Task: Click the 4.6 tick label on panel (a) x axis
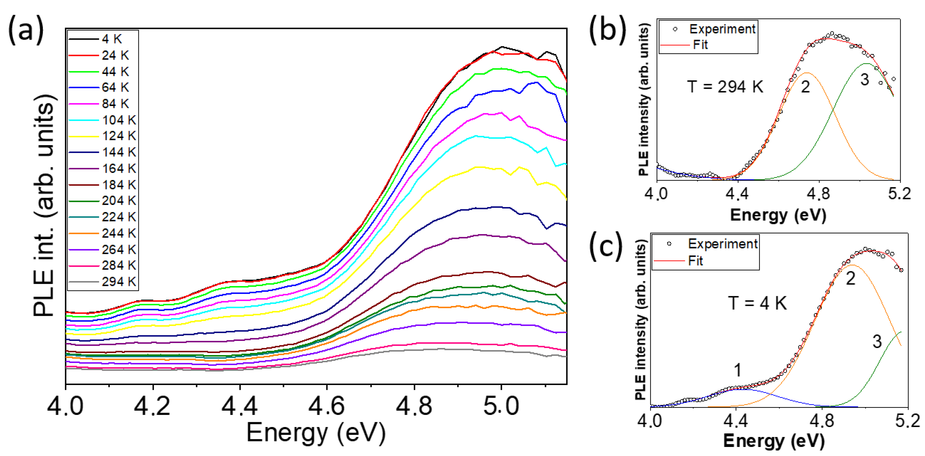326,406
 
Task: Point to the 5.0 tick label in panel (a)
501,406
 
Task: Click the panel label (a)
26,31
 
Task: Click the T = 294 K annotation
725,87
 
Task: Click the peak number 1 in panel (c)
737,370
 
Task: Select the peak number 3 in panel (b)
865,79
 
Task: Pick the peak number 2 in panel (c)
850,278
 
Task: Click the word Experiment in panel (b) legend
722,29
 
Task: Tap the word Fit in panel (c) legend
695,261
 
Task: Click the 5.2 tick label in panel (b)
899,194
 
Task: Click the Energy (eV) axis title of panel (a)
316,433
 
